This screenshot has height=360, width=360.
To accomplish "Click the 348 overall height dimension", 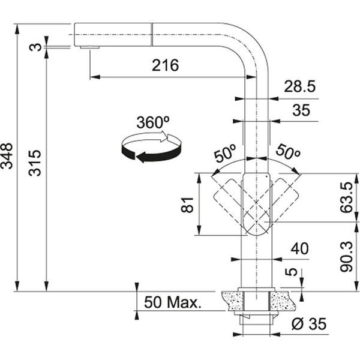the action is (x=7, y=156).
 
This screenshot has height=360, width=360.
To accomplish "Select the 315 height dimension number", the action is (x=35, y=163).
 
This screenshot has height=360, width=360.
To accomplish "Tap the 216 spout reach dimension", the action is (x=166, y=65).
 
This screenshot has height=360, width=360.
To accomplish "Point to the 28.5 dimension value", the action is (x=299, y=86).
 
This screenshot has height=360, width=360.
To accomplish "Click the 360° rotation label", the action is (x=153, y=122).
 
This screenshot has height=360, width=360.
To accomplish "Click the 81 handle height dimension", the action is (x=187, y=205).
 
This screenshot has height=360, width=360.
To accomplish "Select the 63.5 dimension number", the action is (x=346, y=197).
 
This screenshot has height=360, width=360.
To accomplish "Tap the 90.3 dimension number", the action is (x=346, y=256).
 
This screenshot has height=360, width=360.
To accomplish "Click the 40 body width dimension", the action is (x=299, y=248).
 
